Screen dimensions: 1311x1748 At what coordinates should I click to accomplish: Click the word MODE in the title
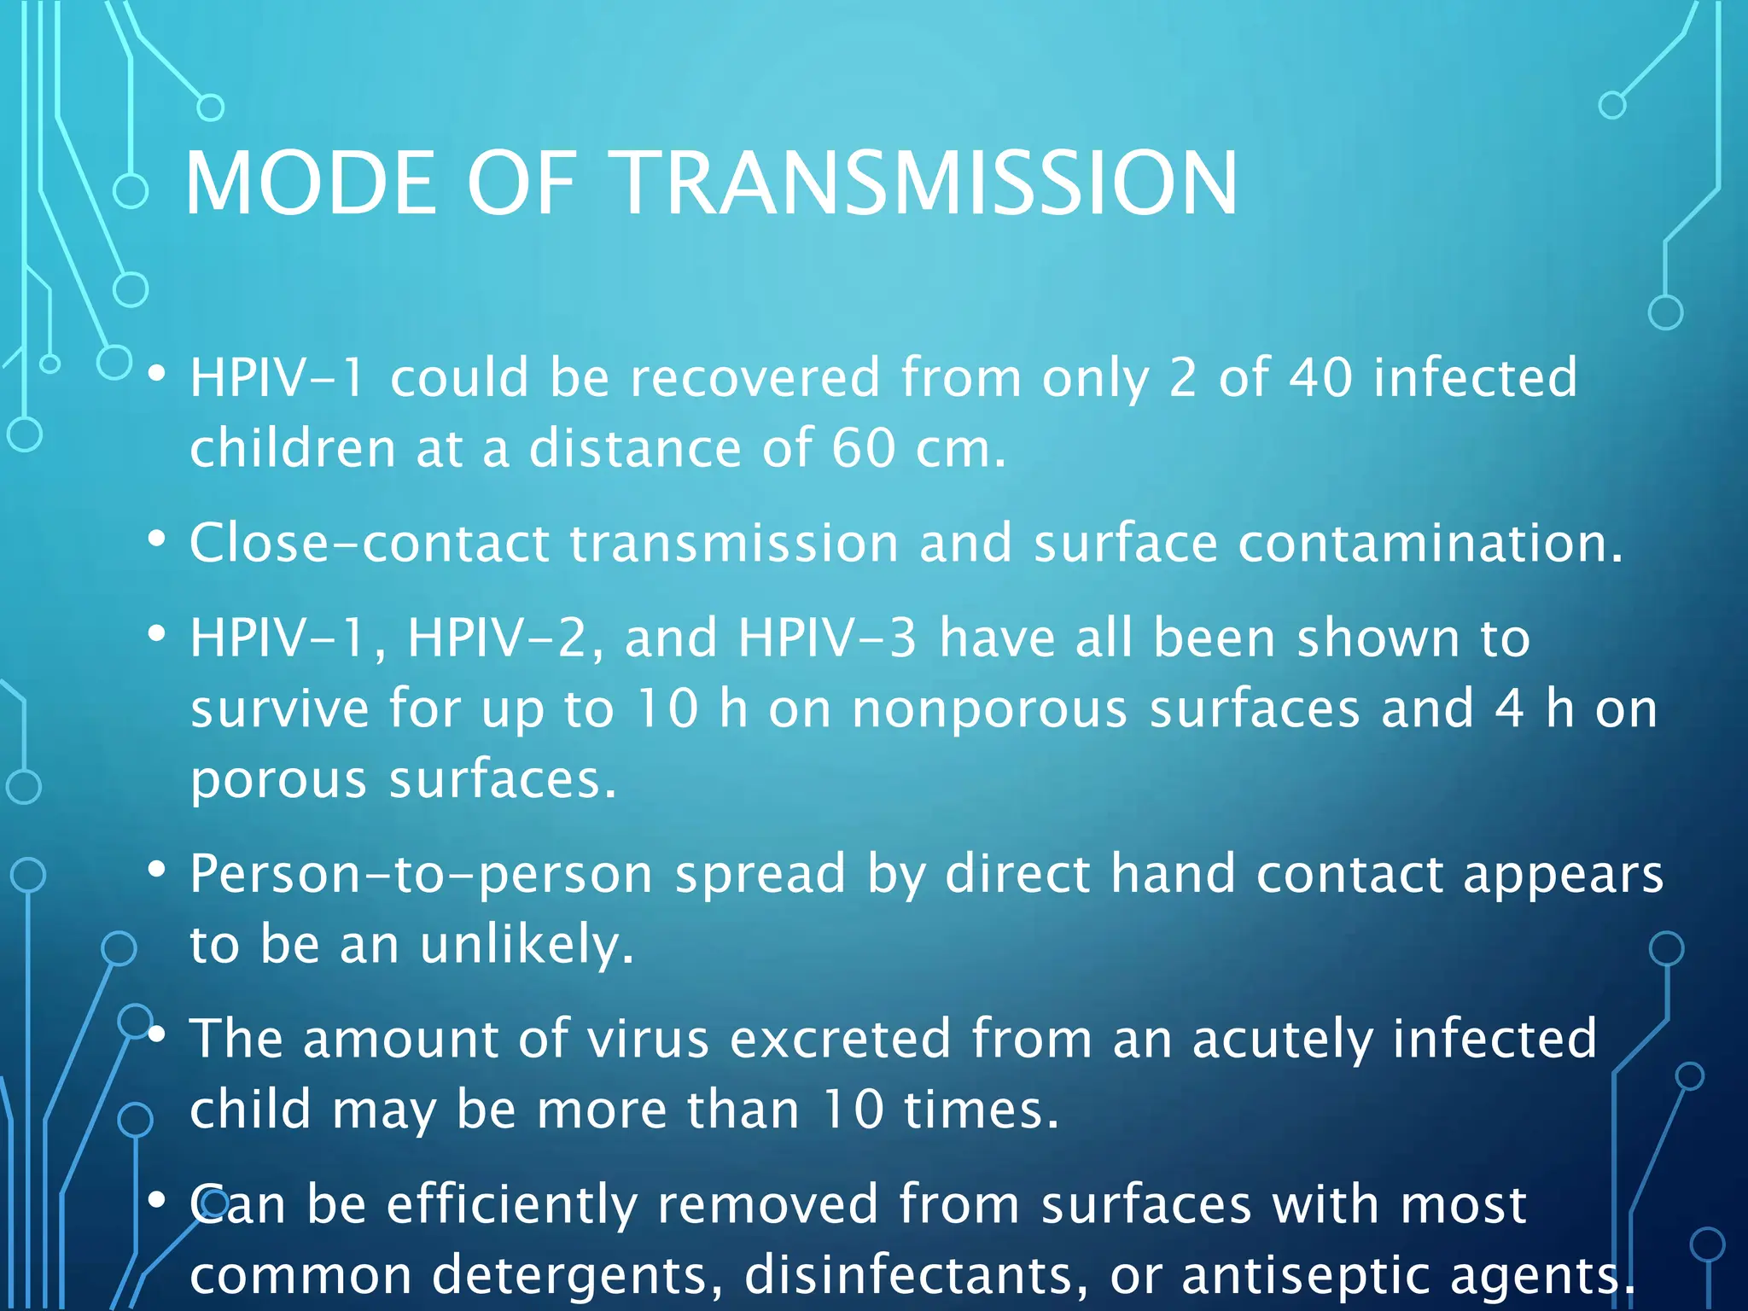coord(309,183)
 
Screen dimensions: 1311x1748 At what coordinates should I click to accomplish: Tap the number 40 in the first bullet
coord(1320,377)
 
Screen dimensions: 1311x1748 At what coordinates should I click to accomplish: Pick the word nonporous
coord(990,708)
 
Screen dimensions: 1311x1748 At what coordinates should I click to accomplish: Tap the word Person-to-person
coord(422,875)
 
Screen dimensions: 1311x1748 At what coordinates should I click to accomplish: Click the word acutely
coord(1281,1039)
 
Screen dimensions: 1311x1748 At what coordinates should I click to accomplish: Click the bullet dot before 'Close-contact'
coord(156,539)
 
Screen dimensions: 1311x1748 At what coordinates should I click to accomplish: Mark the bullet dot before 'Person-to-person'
coord(156,871)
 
